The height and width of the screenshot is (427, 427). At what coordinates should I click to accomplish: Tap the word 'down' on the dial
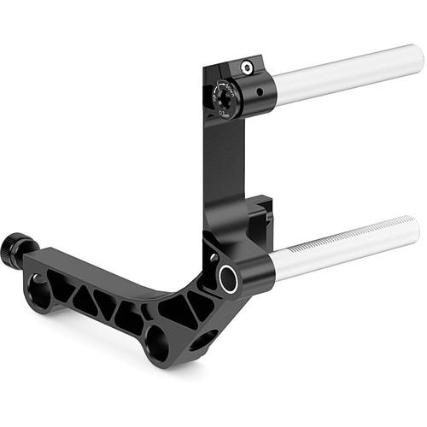(233, 89)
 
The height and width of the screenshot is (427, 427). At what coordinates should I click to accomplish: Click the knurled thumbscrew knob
(13, 249)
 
